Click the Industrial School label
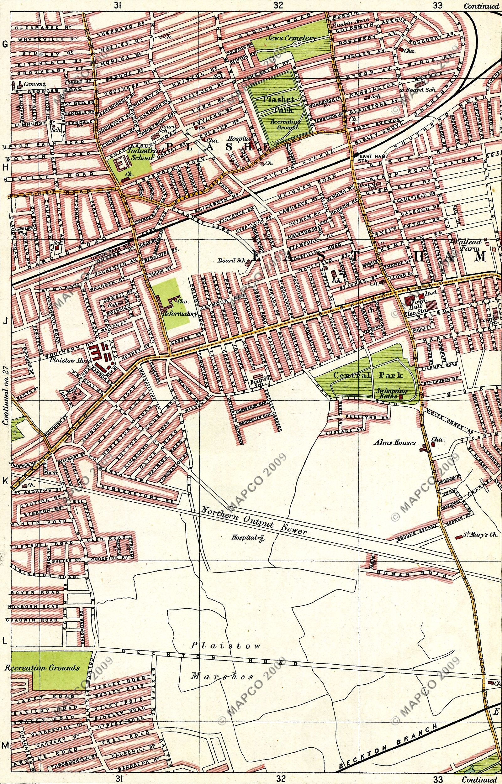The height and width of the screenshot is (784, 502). tap(140, 154)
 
